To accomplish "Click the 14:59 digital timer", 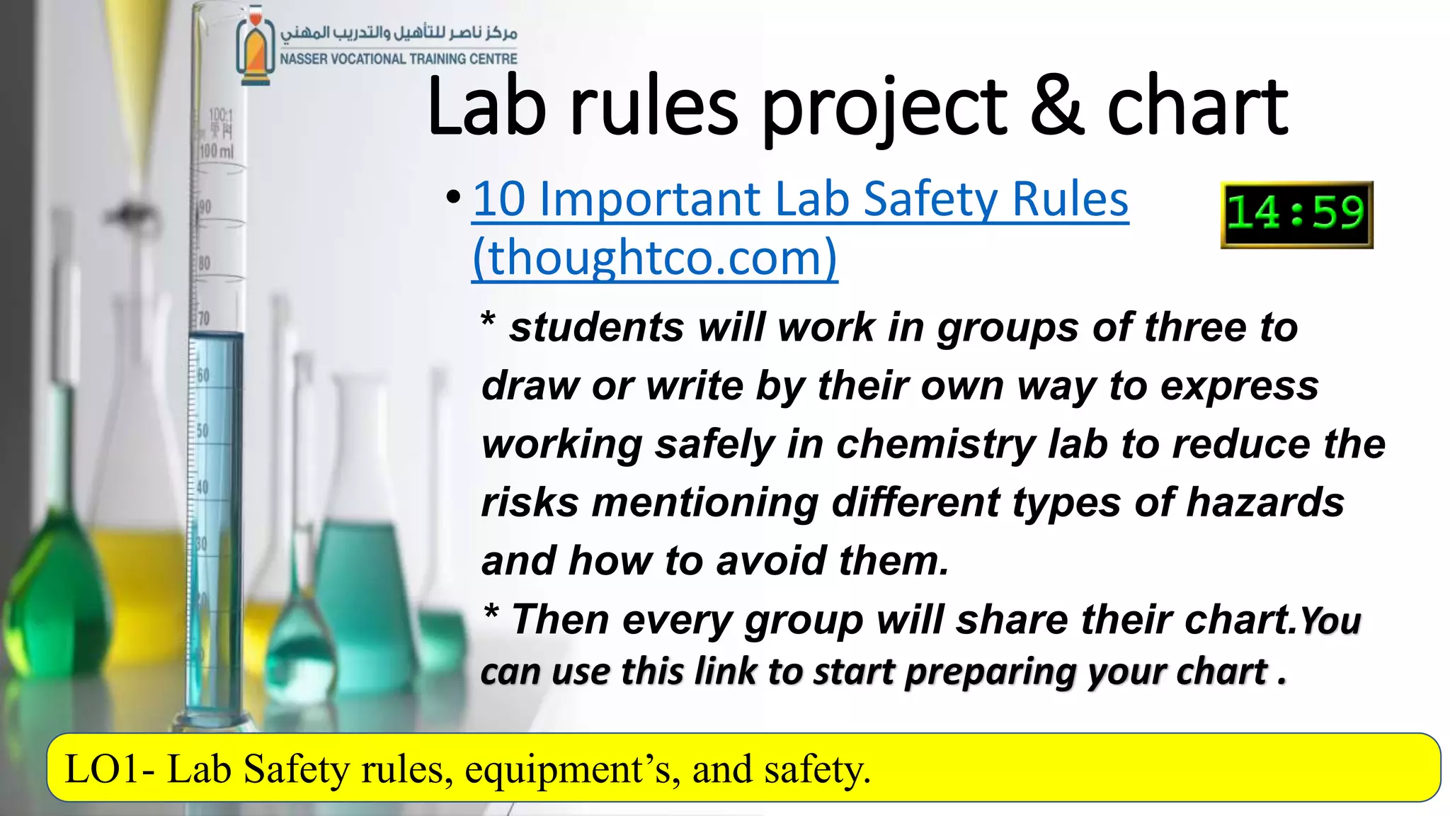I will (x=1296, y=214).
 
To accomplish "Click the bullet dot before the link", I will (x=454, y=199).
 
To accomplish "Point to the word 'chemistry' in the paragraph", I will (x=935, y=445).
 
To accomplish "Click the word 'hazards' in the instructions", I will (x=1265, y=503).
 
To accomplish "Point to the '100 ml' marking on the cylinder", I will (x=217, y=151).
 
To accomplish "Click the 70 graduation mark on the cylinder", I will (x=204, y=318).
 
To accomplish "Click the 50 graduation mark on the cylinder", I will (x=202, y=431).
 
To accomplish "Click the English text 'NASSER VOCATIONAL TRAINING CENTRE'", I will (x=399, y=59).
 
